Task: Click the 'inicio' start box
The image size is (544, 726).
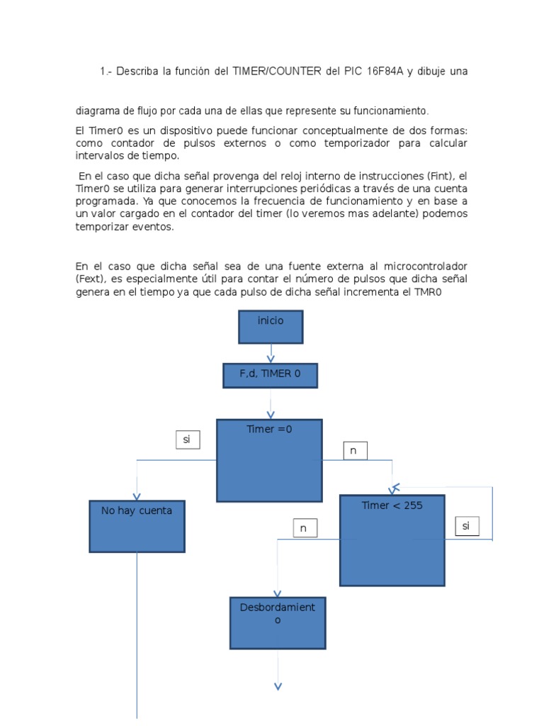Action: [x=271, y=327]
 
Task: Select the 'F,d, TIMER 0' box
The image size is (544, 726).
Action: [x=270, y=375]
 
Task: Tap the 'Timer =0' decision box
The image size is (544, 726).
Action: [x=269, y=460]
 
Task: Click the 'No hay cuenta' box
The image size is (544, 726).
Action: [x=137, y=526]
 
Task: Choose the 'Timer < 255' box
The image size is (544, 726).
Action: [x=392, y=540]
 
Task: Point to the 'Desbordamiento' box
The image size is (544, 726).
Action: [x=278, y=622]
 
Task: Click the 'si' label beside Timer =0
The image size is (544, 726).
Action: [x=188, y=440]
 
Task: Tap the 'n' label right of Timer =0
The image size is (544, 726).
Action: [x=355, y=450]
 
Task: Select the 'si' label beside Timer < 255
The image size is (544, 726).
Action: [x=466, y=526]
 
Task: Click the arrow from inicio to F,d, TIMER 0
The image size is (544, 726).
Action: [x=271, y=354]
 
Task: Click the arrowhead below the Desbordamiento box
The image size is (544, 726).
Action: [x=278, y=686]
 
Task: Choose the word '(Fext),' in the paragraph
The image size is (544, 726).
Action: [x=93, y=279]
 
